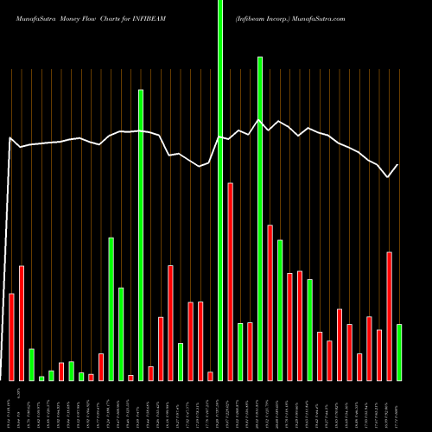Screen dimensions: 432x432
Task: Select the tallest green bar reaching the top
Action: tap(220, 190)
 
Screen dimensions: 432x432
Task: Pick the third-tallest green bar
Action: tap(141, 234)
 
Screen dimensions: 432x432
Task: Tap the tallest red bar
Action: tap(231, 281)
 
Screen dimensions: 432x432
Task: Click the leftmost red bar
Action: tap(12, 337)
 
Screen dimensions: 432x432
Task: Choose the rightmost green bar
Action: tap(399, 352)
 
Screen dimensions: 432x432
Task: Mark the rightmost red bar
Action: tap(390, 315)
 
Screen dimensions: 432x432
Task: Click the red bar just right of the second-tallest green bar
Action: tap(270, 302)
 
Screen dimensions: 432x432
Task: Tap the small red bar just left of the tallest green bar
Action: tap(210, 376)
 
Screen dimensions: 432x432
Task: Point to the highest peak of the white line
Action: tap(258, 120)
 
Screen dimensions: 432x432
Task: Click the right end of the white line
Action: tap(398, 165)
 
